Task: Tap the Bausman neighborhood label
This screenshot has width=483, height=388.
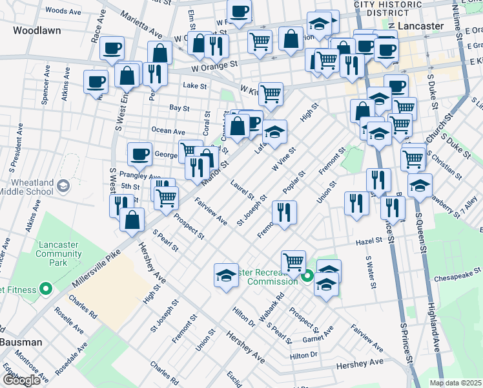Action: [x=21, y=341]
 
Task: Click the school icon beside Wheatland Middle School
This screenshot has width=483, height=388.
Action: [x=63, y=186]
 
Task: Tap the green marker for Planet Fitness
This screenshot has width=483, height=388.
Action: [x=45, y=288]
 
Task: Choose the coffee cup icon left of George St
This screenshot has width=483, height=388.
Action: [x=139, y=154]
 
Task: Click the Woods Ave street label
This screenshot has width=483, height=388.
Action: [x=63, y=11]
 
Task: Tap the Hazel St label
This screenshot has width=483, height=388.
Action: [x=369, y=241]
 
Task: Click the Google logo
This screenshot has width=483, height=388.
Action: [x=21, y=380]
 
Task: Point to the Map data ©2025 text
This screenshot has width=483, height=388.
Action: [x=456, y=382]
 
